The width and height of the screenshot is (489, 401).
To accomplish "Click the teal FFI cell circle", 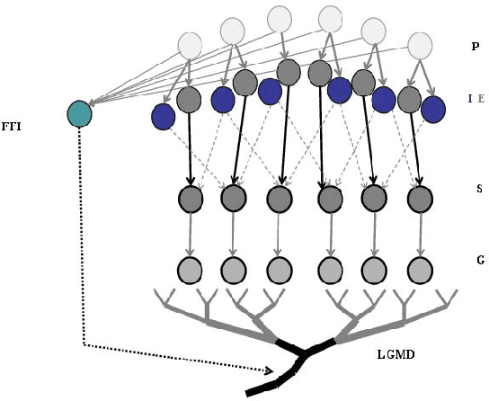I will click(80, 113).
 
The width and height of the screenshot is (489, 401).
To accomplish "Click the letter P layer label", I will click(475, 45).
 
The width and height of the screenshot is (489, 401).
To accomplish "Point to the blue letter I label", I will click(468, 98).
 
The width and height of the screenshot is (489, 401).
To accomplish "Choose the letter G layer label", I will click(479, 260).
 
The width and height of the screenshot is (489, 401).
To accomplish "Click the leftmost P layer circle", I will click(191, 45).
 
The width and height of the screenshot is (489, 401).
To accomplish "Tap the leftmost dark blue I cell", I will click(163, 116).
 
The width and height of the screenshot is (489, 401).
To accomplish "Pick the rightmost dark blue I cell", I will click(433, 109).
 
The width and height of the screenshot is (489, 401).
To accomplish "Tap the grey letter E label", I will click(480, 98).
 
